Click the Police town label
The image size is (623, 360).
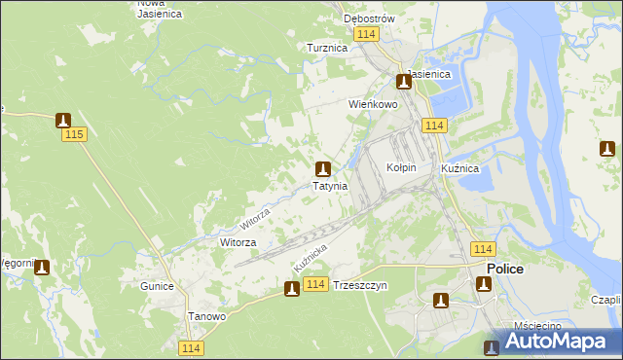pyautogui.click(x=504, y=269)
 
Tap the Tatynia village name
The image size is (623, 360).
pyautogui.click(x=329, y=186)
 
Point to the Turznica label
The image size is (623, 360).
pyautogui.click(x=327, y=48)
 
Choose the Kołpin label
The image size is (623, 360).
pyautogui.click(x=401, y=167)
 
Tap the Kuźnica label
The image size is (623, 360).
pyautogui.click(x=459, y=168)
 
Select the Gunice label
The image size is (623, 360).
pyautogui.click(x=156, y=286)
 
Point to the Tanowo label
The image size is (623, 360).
pyautogui.click(x=206, y=317)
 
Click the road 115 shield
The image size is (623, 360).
pyautogui.click(x=72, y=135)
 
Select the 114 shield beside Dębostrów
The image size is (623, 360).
pyautogui.click(x=366, y=34)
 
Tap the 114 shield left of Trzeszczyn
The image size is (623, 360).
pyautogui.click(x=314, y=284)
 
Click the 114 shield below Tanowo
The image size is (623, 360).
pyautogui.click(x=191, y=347)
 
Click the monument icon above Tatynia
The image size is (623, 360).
pyautogui.click(x=322, y=168)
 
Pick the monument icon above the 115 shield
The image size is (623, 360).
pyautogui.click(x=64, y=121)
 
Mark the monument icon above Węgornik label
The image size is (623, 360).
pyautogui.click(x=42, y=268)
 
